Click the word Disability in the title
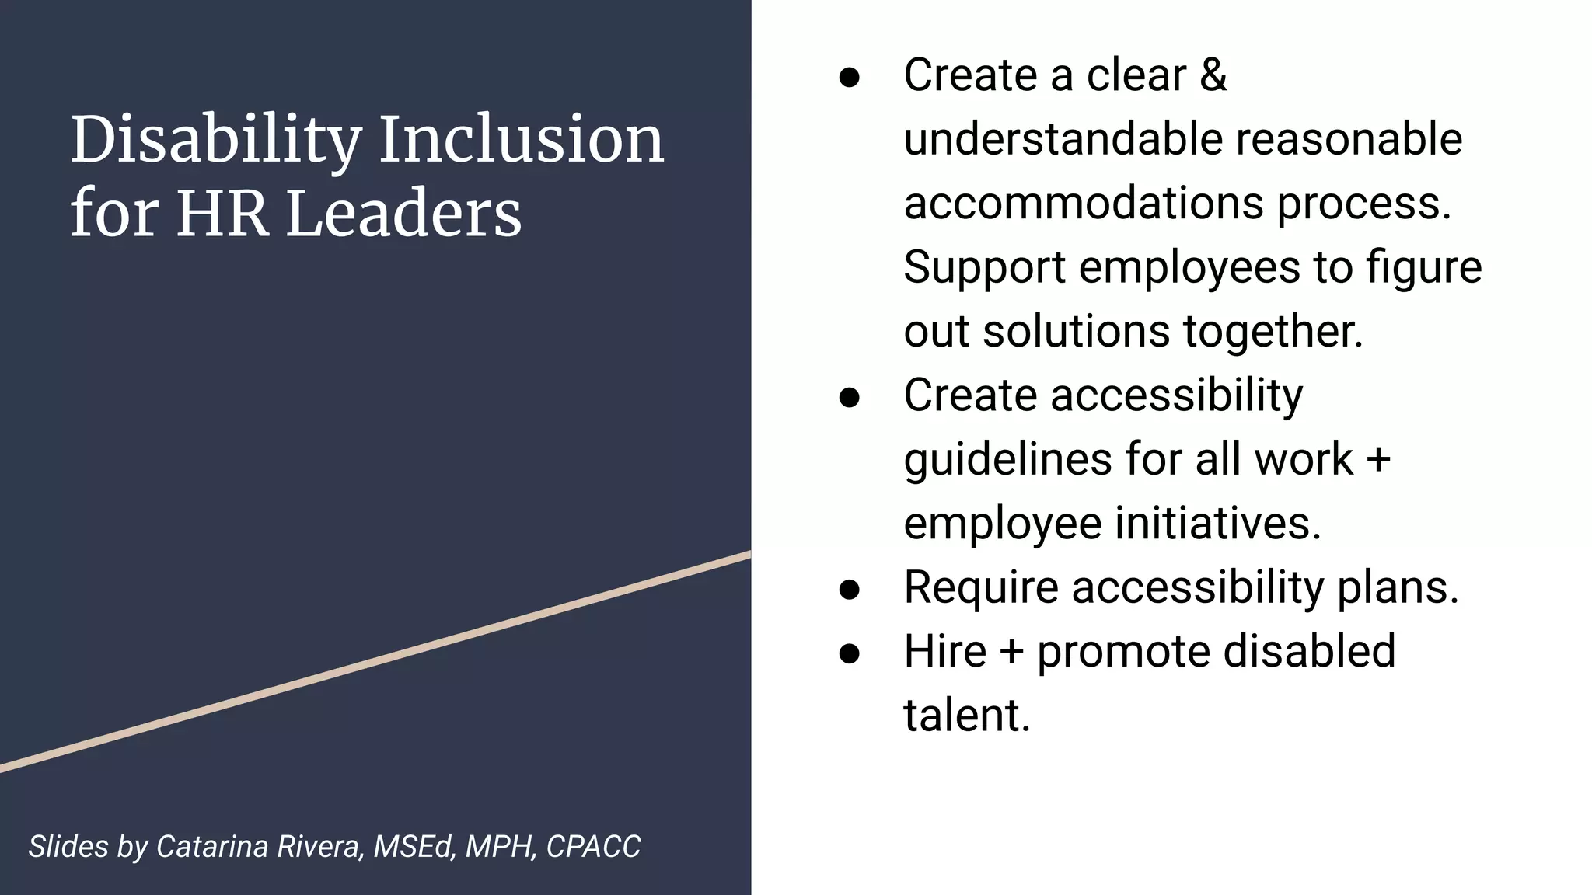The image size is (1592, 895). [215, 140]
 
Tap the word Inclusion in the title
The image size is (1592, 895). [522, 140]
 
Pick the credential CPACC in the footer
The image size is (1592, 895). [593, 847]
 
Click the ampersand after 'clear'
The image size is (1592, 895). [1213, 75]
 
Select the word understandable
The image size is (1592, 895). [1063, 139]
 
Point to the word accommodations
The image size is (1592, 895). [1083, 204]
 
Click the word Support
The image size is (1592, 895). [984, 268]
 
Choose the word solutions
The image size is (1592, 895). [1076, 332]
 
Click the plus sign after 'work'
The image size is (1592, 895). [1378, 458]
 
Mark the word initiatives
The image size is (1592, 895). [1217, 523]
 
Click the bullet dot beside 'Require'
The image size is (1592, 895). [850, 589]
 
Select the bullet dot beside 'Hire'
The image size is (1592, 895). [850, 653]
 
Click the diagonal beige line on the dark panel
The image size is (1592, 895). [375, 662]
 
